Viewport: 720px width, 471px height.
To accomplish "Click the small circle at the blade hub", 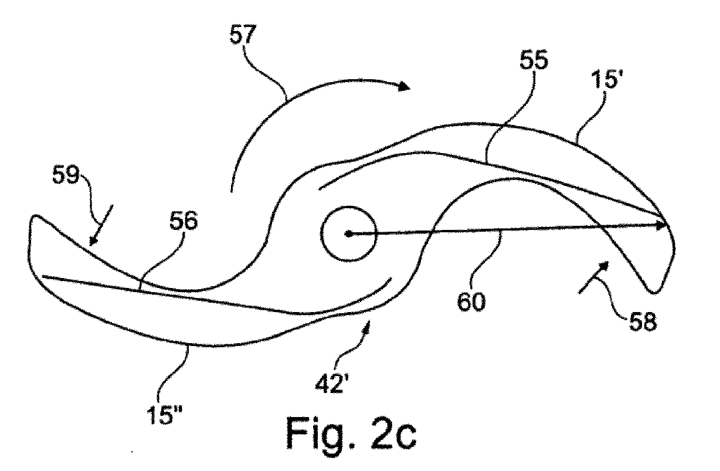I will click(348, 234).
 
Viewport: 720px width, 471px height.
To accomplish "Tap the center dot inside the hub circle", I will click(348, 234).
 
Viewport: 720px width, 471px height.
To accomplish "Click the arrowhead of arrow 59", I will click(92, 240).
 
